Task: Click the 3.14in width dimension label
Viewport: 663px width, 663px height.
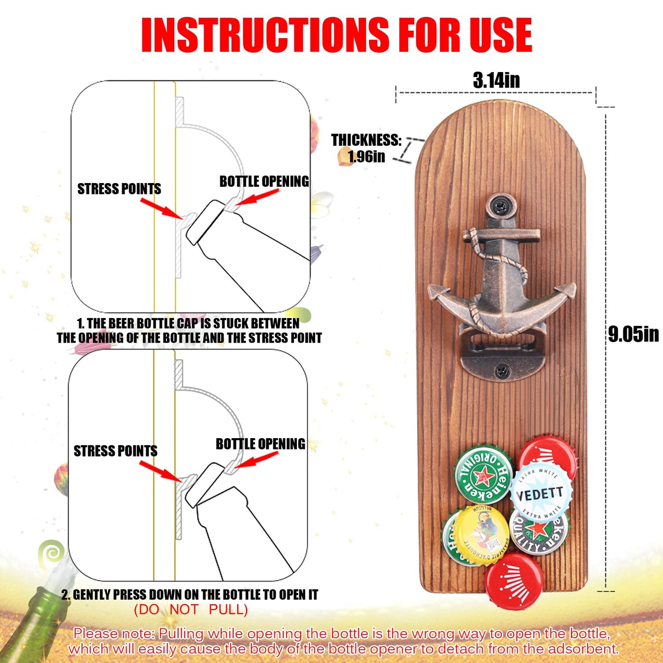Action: point(496,80)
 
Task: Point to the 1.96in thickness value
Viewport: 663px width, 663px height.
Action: point(367,157)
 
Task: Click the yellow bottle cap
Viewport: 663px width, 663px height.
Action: point(480,535)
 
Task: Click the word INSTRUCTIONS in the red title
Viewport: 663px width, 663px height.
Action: point(265,35)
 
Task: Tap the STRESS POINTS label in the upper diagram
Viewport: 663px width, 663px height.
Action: point(119,189)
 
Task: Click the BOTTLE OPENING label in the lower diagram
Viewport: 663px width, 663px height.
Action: point(261,444)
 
